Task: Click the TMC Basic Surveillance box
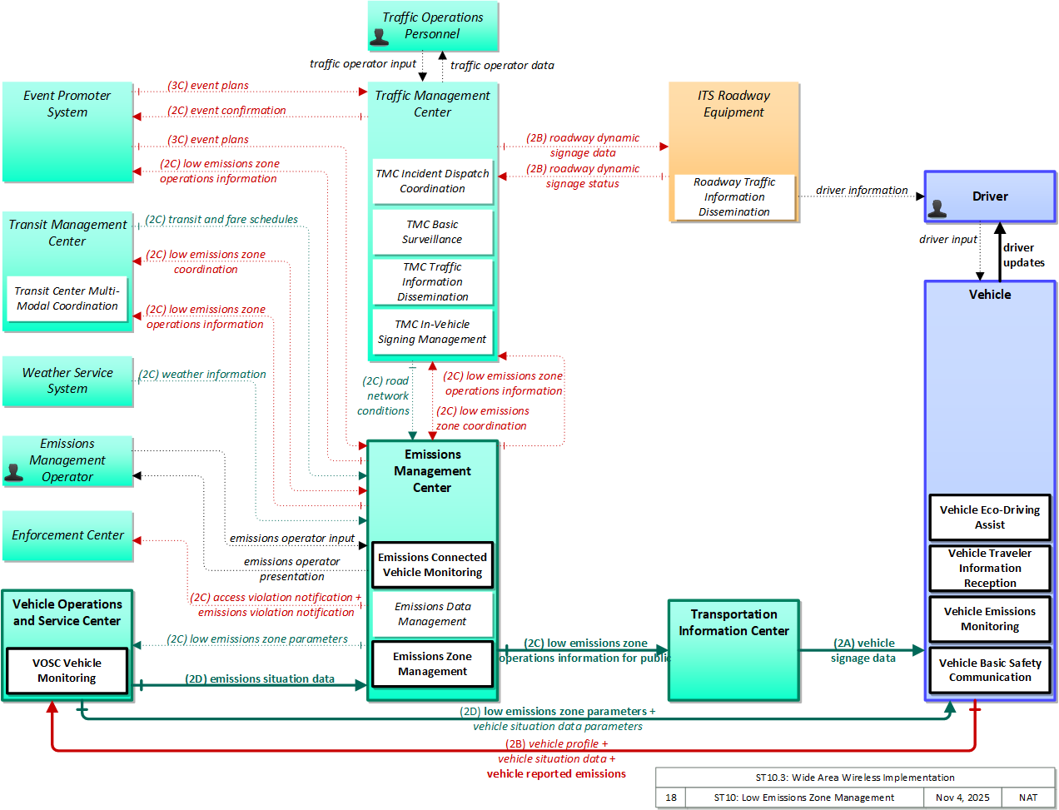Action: pos(433,232)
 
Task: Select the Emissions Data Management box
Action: pos(433,614)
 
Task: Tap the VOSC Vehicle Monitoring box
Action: pos(67,671)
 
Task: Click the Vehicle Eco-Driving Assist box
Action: pos(990,517)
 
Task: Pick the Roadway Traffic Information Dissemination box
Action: pos(734,196)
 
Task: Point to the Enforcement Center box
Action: pos(67,535)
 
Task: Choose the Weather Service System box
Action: pos(67,381)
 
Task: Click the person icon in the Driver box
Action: pos(937,208)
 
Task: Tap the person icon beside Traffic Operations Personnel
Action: pos(379,37)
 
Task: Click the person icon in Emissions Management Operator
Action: pos(13,473)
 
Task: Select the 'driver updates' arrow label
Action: pos(1023,256)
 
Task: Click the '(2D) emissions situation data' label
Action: pos(260,678)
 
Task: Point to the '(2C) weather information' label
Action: pos(202,375)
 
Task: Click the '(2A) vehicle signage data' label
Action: pos(863,651)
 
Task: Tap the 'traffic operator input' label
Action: pos(363,63)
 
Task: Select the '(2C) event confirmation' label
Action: pos(226,111)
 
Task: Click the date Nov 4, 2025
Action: pos(962,798)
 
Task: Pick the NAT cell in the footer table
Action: pos(1028,798)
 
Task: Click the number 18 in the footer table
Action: pos(671,798)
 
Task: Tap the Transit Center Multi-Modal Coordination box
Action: pos(67,299)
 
